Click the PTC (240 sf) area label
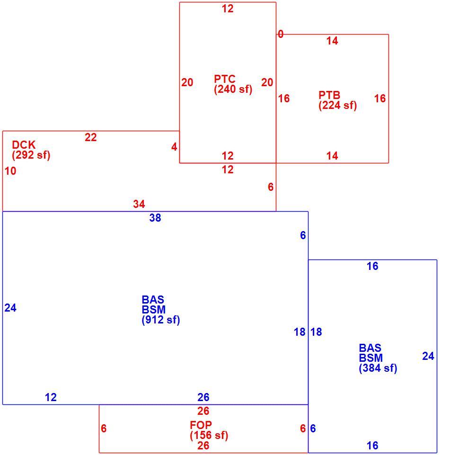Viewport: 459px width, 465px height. coord(233,84)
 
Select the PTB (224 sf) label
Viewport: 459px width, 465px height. coord(337,100)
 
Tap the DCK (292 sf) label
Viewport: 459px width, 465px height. coord(31,150)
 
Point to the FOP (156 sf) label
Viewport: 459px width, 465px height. coord(209,430)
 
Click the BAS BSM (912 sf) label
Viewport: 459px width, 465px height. coord(161,310)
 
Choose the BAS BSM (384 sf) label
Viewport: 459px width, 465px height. coord(378,358)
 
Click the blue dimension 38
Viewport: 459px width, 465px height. coord(155,218)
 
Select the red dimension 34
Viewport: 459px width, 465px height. coord(139,204)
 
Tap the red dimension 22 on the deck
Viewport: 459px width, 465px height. coord(91,137)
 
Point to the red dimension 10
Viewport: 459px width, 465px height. coord(10,171)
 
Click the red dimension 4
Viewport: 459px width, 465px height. coord(174,147)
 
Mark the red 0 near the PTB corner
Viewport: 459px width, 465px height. coord(280,35)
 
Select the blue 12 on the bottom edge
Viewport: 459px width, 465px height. coord(51,397)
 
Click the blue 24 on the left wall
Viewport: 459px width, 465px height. coord(10,308)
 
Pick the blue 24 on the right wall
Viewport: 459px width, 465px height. coord(428,356)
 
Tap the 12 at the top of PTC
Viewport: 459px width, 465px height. coord(228,9)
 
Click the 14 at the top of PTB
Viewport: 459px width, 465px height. coord(332,41)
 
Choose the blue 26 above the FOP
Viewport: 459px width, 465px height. coord(203,397)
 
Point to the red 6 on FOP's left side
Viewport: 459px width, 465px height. coord(104,429)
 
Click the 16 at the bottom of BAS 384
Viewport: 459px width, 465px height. coord(372,446)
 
